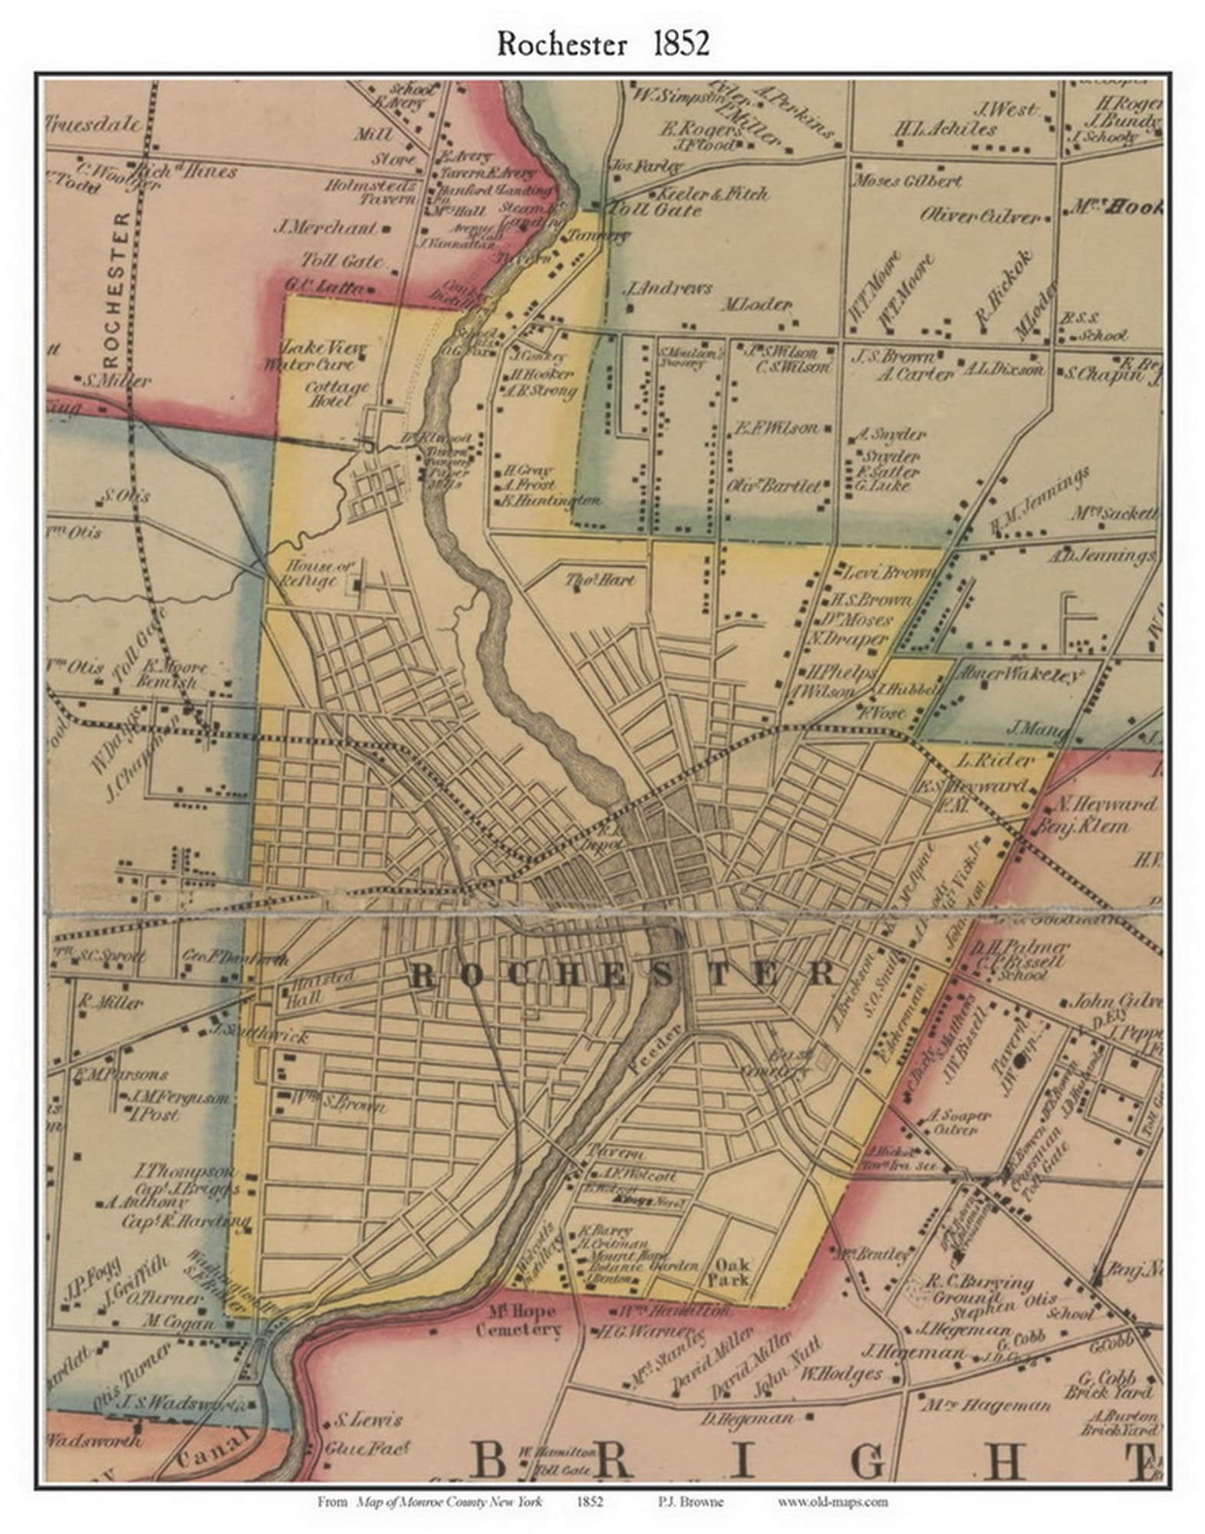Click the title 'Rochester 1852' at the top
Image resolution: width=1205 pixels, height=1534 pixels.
coord(602,44)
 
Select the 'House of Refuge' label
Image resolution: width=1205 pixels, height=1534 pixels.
coord(312,573)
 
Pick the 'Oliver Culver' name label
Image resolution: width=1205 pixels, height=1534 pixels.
coord(979,216)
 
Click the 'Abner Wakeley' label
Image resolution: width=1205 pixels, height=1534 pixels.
coord(1019,674)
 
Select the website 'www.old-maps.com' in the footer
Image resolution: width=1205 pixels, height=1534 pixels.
coord(832,1501)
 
